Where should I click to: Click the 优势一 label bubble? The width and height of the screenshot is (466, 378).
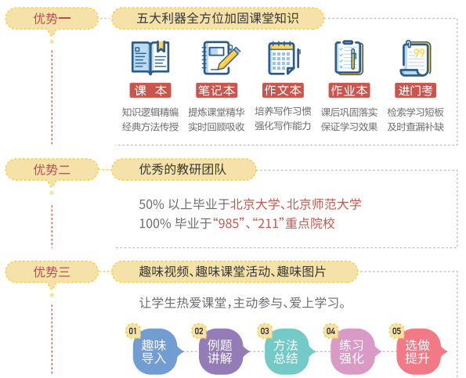click(52, 19)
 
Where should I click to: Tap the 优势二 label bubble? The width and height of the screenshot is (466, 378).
click(52, 170)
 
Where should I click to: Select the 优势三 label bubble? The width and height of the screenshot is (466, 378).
click(52, 272)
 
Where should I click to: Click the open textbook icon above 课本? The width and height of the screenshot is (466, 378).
click(150, 57)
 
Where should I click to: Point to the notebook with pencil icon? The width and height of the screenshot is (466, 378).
click(221, 58)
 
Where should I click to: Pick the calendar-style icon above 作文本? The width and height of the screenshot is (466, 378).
click(284, 58)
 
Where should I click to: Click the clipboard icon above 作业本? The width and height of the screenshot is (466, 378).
click(349, 58)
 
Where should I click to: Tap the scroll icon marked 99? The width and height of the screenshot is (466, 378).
click(415, 59)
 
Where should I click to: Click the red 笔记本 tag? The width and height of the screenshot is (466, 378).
click(216, 90)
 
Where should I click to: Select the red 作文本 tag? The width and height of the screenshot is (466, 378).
click(283, 90)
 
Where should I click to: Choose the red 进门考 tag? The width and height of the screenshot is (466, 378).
click(415, 90)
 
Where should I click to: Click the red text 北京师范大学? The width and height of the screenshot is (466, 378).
click(324, 204)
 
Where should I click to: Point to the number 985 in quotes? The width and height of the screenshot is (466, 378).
click(229, 223)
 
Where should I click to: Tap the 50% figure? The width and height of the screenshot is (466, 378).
click(152, 204)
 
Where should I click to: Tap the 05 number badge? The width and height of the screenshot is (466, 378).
click(397, 331)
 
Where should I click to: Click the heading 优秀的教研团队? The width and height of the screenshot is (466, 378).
click(182, 170)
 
